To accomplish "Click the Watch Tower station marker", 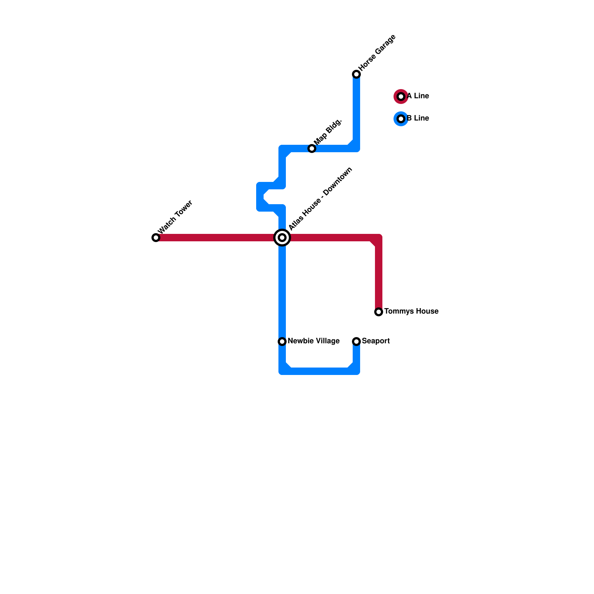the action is point(156,238).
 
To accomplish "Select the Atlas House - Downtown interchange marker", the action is point(282,238).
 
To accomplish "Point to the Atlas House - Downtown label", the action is point(320,199).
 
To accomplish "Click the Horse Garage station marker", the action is point(356,74).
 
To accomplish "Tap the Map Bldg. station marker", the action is point(312,148).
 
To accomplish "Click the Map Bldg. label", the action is point(327,133).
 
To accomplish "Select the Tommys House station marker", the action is point(379,312).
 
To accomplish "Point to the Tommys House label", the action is point(411,311).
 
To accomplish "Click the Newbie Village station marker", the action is point(282,342).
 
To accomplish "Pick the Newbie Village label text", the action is point(314,341).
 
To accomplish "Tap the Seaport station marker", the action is point(356,342).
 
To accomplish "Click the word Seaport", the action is point(376,341).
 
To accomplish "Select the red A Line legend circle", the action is point(401,97).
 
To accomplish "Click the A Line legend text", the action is point(418,96).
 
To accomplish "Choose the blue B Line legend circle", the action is point(401,119).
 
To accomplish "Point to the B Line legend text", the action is point(418,118).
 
